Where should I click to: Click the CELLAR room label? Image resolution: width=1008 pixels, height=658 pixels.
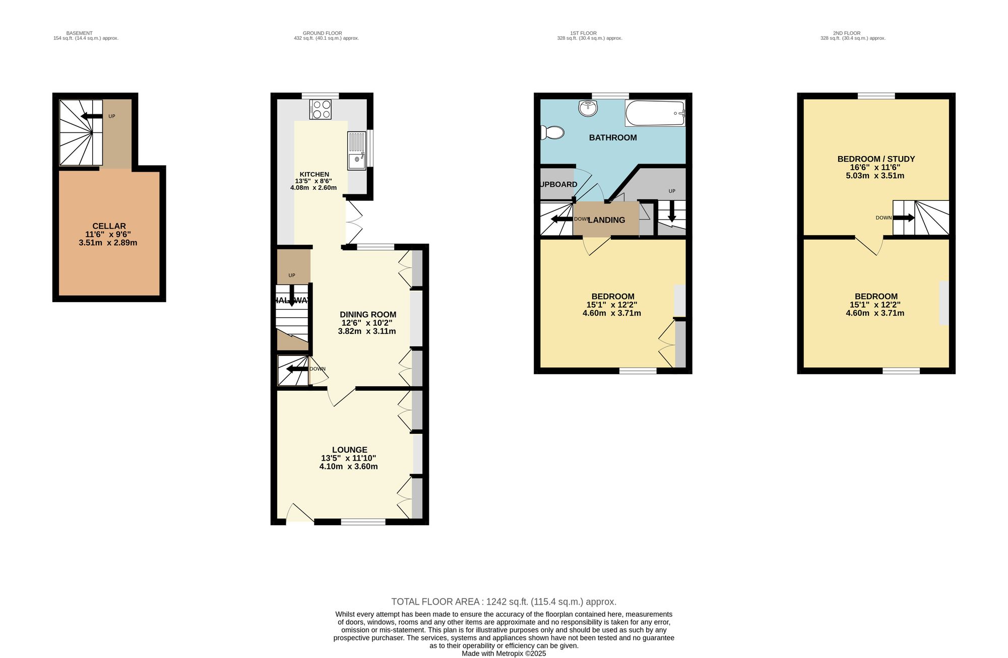[x=109, y=226]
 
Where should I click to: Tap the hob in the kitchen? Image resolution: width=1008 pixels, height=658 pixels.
[x=320, y=109]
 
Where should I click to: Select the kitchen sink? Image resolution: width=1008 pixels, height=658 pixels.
[x=356, y=151]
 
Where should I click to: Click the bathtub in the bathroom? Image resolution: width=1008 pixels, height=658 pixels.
[x=655, y=113]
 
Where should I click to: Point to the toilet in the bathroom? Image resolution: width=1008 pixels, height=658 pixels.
[x=551, y=133]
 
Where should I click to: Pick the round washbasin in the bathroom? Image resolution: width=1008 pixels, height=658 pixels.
[x=588, y=107]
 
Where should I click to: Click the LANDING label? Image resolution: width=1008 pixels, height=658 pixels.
[x=606, y=220]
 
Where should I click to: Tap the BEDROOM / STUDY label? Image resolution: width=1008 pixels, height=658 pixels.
[x=876, y=159]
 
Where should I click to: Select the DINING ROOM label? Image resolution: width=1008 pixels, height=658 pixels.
[x=367, y=315]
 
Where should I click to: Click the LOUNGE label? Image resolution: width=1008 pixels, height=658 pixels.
[x=349, y=450]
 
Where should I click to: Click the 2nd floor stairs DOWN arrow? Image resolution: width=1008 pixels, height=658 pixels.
[x=904, y=218]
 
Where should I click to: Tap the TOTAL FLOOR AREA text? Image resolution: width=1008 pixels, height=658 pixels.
[x=503, y=602]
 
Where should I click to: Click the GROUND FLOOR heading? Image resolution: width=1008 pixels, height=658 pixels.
[x=322, y=33]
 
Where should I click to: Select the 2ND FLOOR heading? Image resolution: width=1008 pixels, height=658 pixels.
[x=847, y=33]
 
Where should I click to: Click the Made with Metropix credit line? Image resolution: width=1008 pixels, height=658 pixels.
[x=503, y=653]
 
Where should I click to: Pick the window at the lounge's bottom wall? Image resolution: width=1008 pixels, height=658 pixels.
[x=363, y=522]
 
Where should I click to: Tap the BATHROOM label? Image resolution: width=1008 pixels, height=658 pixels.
[x=613, y=137]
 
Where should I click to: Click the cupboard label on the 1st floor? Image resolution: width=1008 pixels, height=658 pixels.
[x=558, y=184]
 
